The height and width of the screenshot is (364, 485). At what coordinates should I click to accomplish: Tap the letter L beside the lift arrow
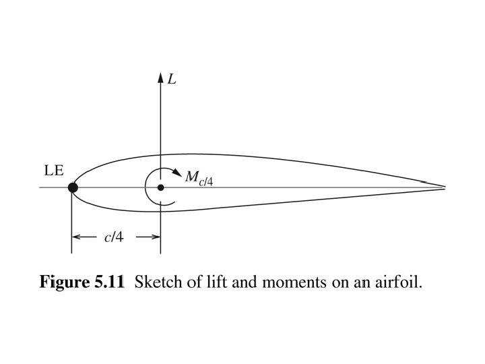172,79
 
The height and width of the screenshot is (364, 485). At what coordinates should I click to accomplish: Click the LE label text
54,171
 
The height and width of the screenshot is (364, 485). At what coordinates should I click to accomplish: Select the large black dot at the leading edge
72,187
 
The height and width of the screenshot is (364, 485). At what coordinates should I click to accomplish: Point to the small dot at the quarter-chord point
160,187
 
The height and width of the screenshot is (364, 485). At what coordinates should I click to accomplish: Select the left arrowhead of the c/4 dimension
76,237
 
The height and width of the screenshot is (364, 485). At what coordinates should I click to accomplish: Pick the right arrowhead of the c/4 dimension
156,237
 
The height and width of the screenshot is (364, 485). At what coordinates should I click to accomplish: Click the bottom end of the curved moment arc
174,201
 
